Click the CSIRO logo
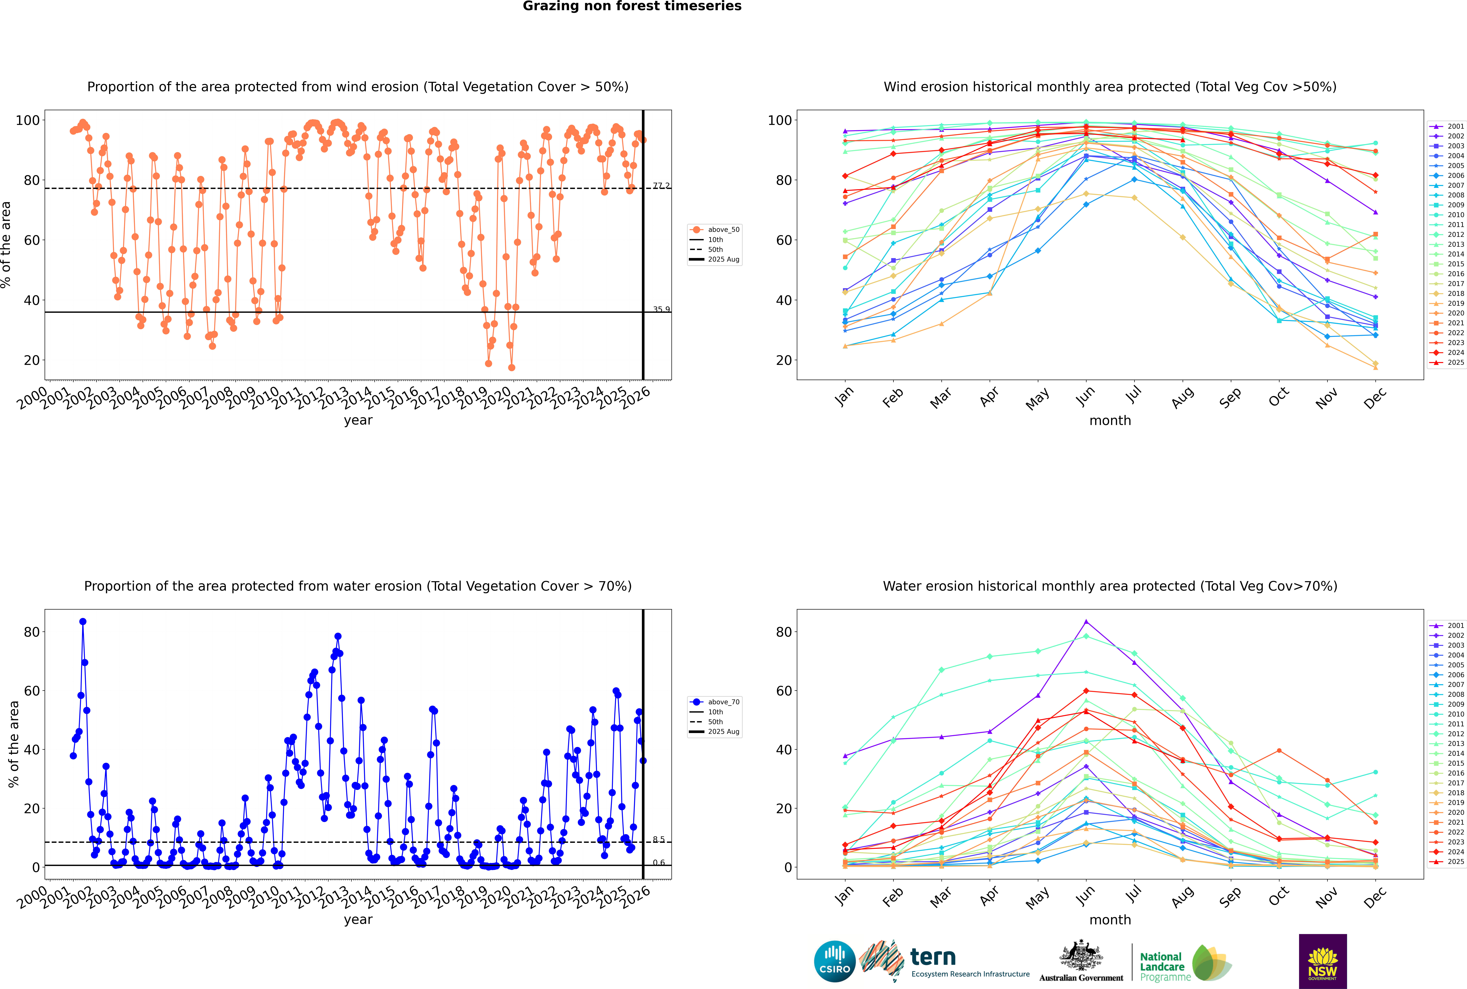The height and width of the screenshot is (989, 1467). (x=834, y=962)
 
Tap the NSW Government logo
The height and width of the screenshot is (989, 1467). (x=1323, y=961)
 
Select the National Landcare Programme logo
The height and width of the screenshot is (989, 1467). (x=1184, y=963)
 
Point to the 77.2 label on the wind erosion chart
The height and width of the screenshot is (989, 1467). (x=661, y=185)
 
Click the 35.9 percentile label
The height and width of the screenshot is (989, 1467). (x=661, y=309)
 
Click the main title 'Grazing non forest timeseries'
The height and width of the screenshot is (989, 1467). (x=632, y=6)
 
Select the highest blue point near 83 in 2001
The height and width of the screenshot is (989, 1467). (x=83, y=621)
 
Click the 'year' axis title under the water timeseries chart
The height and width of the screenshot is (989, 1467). (x=358, y=920)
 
